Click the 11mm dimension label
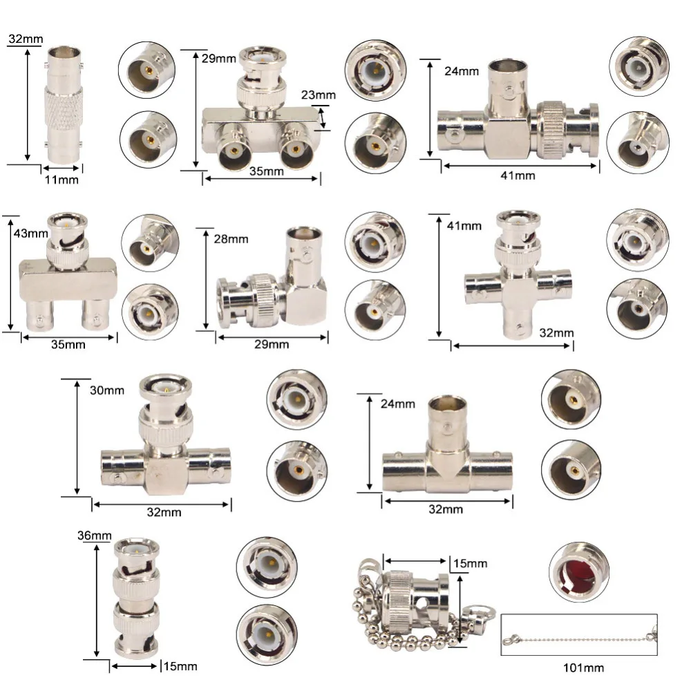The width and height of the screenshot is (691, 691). [x=61, y=180]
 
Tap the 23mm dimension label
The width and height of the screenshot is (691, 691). [x=318, y=95]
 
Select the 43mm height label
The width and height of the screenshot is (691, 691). [x=30, y=233]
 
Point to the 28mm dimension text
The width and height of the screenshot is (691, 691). [x=231, y=239]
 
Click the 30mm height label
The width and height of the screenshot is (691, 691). [x=107, y=390]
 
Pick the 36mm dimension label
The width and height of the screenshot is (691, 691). [x=94, y=536]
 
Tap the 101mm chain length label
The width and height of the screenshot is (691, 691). [x=583, y=668]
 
